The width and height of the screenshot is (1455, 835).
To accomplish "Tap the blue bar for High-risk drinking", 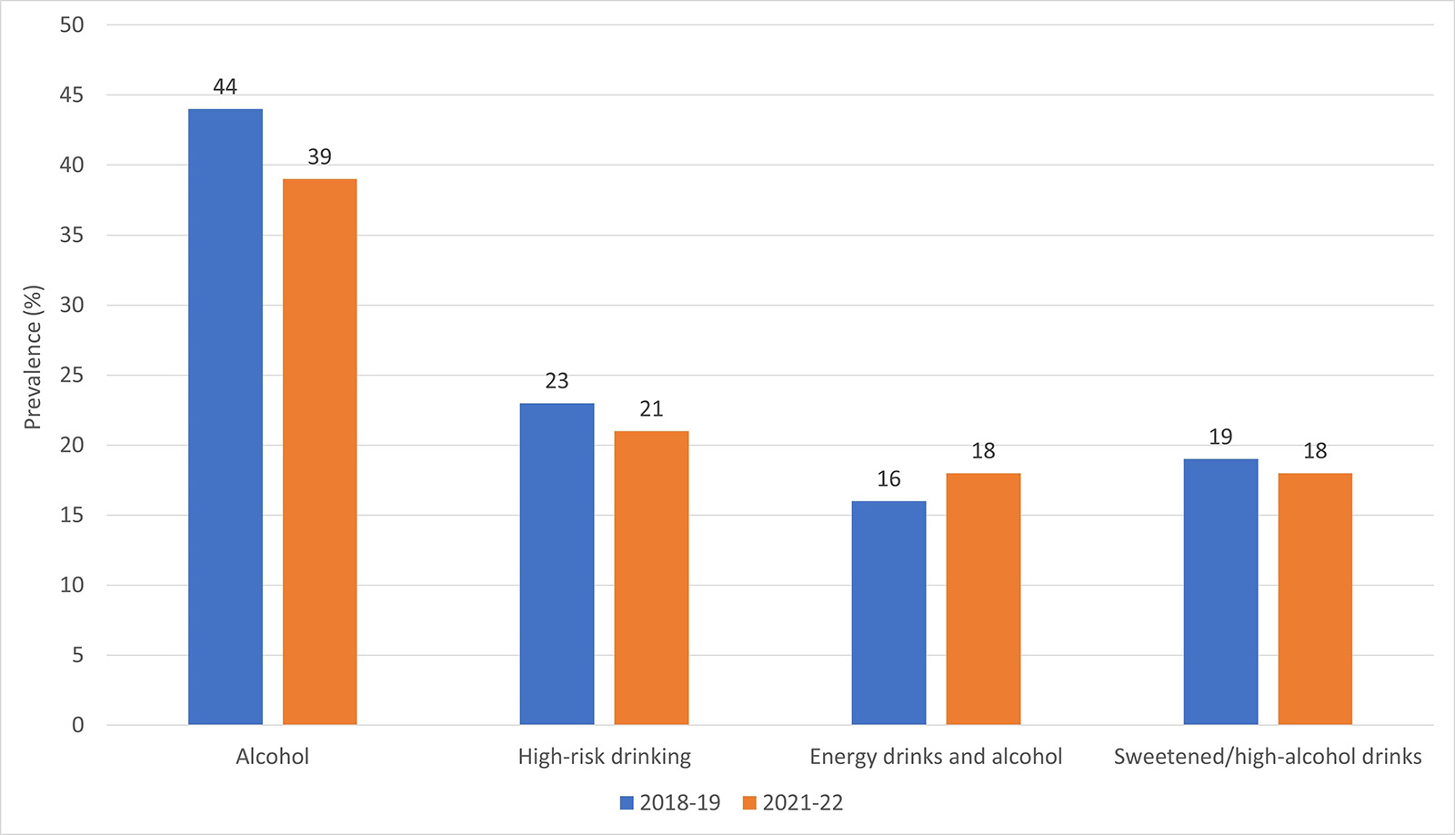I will point(557,564).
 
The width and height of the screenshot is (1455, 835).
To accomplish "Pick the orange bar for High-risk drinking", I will point(651,578).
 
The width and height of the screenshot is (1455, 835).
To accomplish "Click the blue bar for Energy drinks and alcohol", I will point(888,613).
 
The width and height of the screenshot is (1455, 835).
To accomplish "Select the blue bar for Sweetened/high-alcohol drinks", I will point(1220,592).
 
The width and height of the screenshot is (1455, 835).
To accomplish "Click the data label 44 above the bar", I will point(225,87).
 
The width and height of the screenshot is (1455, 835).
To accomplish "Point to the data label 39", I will point(319,157).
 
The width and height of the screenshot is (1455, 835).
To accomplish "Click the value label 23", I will point(557,381).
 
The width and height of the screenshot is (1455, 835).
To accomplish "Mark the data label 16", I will point(888,479).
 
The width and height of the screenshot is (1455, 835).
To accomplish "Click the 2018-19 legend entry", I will point(670,803).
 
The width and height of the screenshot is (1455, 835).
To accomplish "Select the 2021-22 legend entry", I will point(793,803).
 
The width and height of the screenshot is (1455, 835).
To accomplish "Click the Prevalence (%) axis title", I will point(33,357).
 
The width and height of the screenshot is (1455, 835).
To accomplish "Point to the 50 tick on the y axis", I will point(72,25).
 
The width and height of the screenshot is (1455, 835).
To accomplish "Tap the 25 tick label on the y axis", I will point(72,375).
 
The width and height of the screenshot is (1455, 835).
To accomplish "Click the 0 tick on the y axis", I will point(77,725).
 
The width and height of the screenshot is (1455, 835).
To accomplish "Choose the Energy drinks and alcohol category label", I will point(936,757).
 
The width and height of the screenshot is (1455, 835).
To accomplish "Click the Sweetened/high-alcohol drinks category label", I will point(1268,757).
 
